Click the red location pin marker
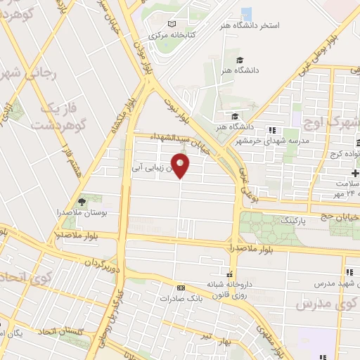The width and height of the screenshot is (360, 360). (x=181, y=167)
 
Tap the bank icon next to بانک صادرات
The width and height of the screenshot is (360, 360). (x=181, y=288)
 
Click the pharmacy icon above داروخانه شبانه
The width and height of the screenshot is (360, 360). (x=229, y=274)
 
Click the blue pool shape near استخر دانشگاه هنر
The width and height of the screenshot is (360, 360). (x=246, y=13)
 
